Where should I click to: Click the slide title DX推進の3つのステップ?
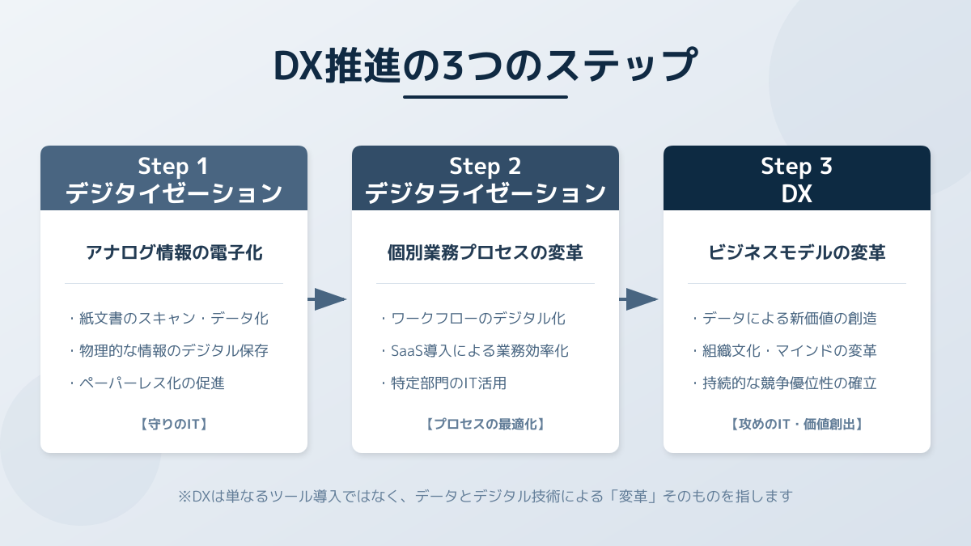pos(485,66)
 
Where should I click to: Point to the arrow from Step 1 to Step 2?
pos(329,299)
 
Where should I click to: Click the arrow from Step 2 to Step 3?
pos(640,299)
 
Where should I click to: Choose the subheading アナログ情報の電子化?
pos(174,253)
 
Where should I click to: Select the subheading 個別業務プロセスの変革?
pos(485,253)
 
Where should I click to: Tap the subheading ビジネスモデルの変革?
pos(797,253)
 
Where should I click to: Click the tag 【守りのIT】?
pos(174,423)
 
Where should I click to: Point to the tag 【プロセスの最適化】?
pos(485,423)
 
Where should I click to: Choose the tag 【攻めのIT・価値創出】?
pos(797,423)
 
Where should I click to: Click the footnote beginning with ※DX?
pos(485,496)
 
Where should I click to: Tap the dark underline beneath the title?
pos(485,97)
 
